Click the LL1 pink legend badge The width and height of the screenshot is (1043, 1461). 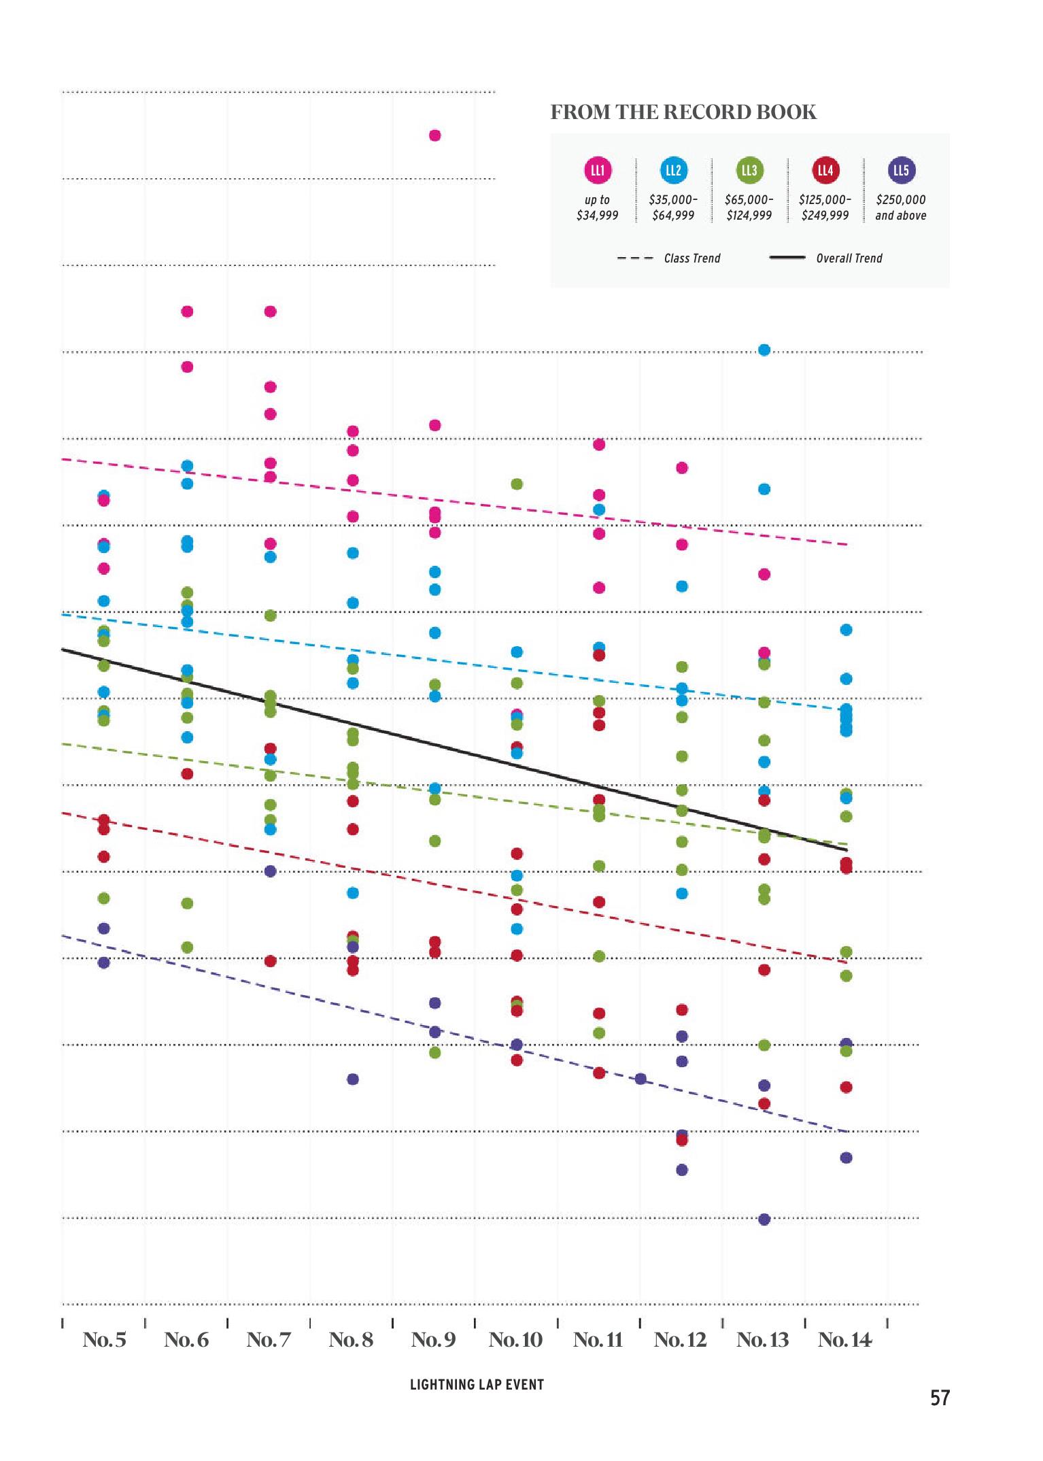[x=598, y=170]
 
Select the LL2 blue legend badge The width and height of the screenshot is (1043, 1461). [x=673, y=170]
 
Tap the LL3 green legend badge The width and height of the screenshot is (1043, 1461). [x=749, y=170]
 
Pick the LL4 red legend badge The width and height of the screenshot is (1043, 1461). [x=825, y=170]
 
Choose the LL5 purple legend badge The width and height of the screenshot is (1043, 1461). [x=901, y=170]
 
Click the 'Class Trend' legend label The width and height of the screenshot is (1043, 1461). [x=691, y=258]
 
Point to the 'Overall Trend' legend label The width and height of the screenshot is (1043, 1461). [x=849, y=258]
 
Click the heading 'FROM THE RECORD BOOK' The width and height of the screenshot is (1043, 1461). [x=683, y=112]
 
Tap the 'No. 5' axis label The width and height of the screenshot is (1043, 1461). [x=104, y=1340]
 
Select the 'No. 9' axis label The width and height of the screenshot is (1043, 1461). [x=433, y=1340]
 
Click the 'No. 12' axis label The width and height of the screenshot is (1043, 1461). [x=680, y=1340]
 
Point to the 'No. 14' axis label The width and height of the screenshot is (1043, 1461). [x=844, y=1340]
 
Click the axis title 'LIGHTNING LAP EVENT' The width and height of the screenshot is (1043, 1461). [x=477, y=1385]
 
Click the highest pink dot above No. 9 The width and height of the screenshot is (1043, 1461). [x=435, y=135]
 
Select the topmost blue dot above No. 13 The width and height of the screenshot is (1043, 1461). [x=764, y=350]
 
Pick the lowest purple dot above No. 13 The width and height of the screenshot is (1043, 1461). [x=764, y=1220]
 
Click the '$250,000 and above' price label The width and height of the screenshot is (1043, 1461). [x=900, y=207]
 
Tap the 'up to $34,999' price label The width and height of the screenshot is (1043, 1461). [x=597, y=207]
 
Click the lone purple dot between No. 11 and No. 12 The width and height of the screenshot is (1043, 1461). [x=640, y=1079]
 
